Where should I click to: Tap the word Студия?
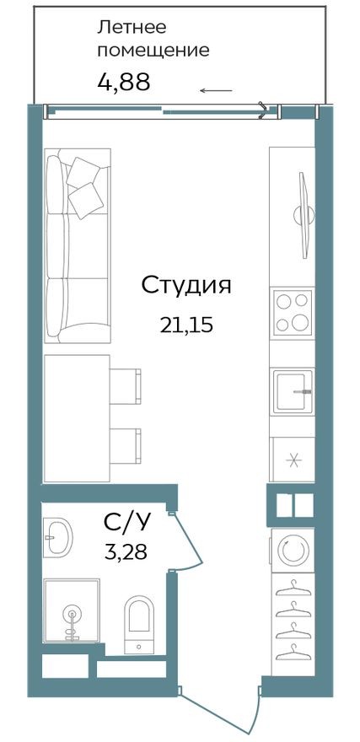(185, 285)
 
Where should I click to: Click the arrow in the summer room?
(217, 89)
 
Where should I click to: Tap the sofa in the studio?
(78, 245)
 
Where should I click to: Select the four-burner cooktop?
(292, 312)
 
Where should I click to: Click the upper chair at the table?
(126, 384)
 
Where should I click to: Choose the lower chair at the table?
(126, 444)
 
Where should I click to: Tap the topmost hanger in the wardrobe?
(292, 585)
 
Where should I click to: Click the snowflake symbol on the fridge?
(292, 460)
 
